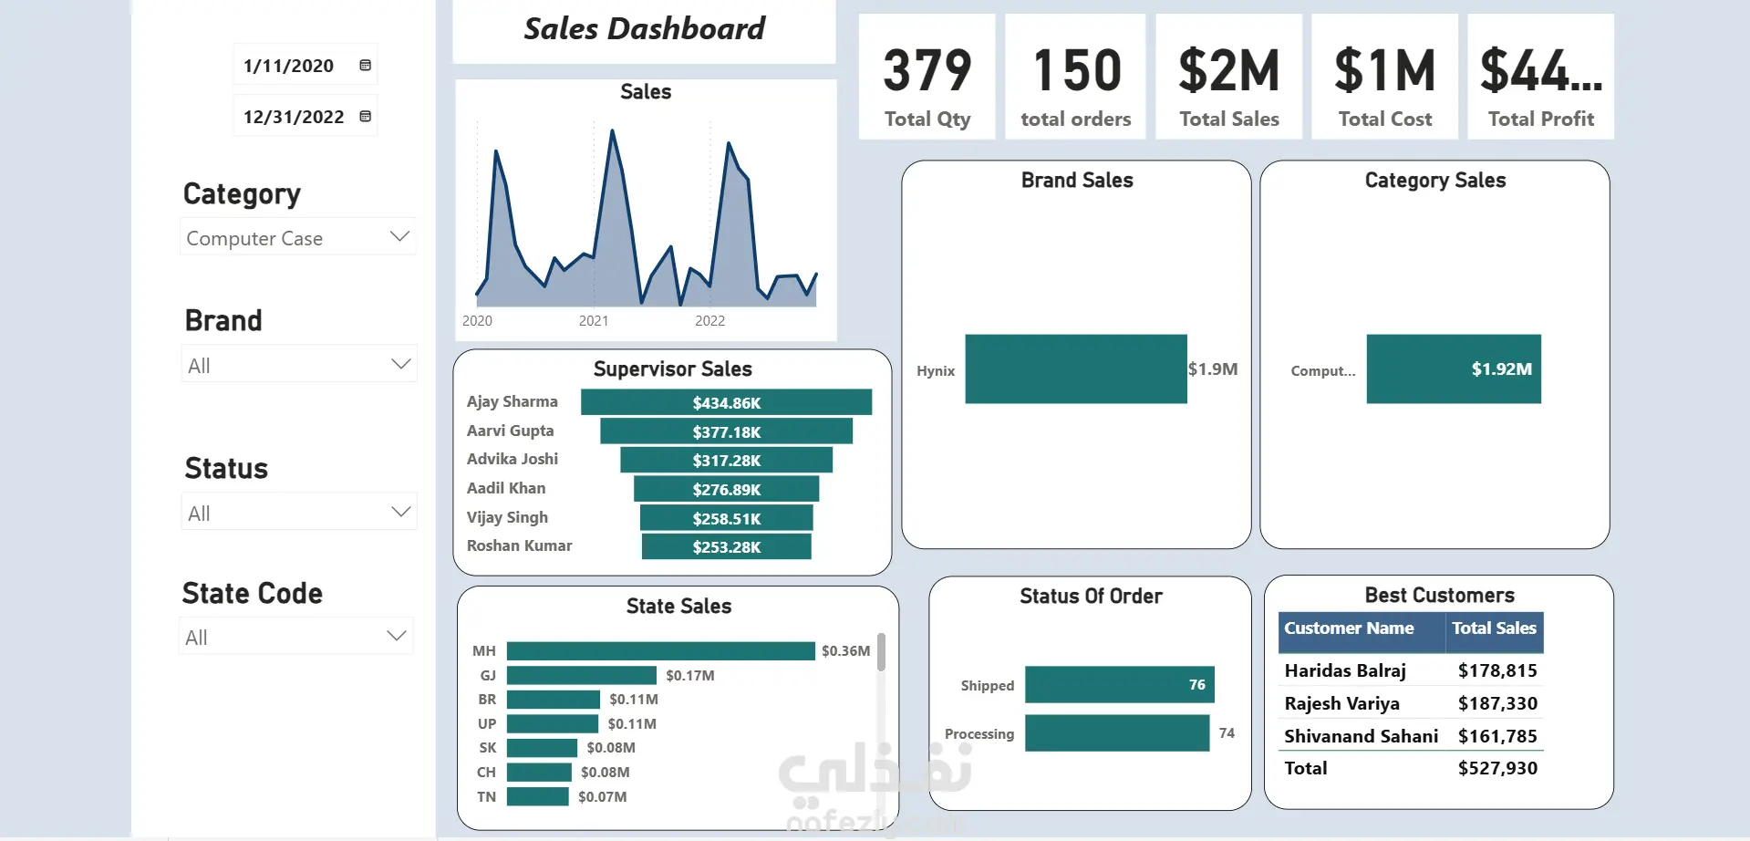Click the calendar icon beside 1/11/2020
click(x=365, y=66)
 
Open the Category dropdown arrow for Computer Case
click(x=399, y=236)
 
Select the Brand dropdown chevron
click(x=400, y=364)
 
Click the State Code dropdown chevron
click(x=396, y=636)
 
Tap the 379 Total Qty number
click(x=927, y=71)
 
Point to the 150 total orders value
click(x=1077, y=71)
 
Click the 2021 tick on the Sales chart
click(x=594, y=321)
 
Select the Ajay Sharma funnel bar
click(x=726, y=402)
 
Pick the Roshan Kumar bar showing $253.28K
click(x=726, y=547)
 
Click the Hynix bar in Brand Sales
click(x=1076, y=369)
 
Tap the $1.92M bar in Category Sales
click(x=1453, y=369)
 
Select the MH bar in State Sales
click(x=660, y=651)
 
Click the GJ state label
click(x=488, y=676)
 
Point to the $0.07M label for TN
click(x=603, y=797)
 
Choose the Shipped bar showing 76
click(x=1119, y=685)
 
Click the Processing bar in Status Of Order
click(x=1117, y=733)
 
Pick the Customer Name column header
click(x=1349, y=628)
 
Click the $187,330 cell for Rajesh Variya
click(x=1497, y=703)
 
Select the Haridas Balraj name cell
click(x=1345, y=671)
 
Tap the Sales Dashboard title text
click(x=644, y=29)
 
